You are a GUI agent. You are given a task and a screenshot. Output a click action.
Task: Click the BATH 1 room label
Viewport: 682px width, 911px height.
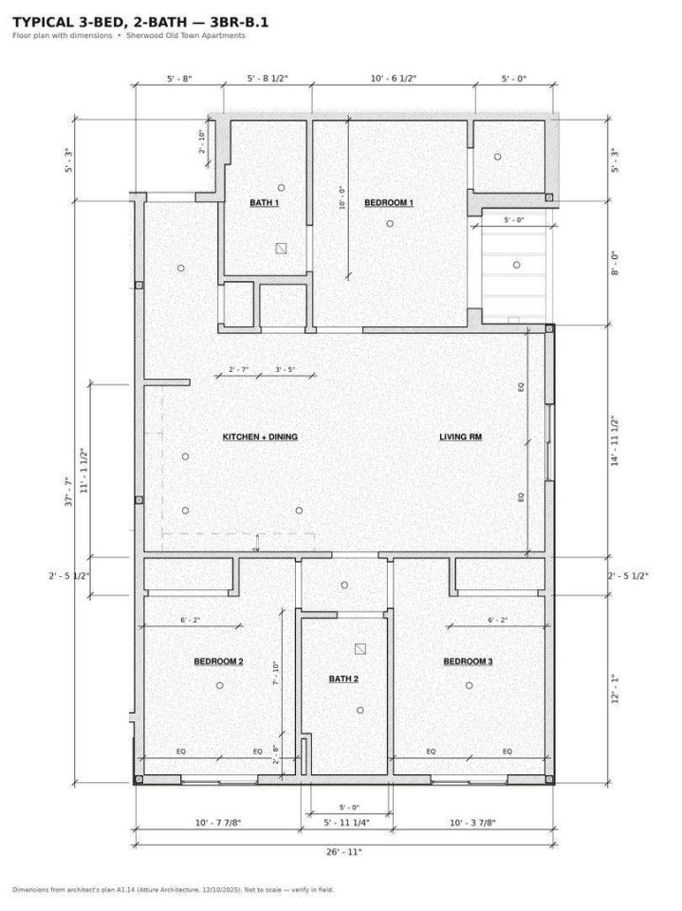[x=265, y=203]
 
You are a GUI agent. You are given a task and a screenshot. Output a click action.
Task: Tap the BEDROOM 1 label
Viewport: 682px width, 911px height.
[x=389, y=203]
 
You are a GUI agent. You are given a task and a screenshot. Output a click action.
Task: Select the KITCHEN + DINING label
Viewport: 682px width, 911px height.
[x=260, y=437]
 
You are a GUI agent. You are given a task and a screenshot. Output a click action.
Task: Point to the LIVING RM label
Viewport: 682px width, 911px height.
[x=461, y=437]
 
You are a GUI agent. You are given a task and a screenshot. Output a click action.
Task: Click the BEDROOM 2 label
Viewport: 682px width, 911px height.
[x=218, y=661]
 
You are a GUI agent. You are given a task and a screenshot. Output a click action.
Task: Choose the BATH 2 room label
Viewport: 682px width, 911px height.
[x=343, y=679]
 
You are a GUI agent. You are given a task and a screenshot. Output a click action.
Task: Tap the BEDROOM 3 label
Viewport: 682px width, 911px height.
[x=469, y=661]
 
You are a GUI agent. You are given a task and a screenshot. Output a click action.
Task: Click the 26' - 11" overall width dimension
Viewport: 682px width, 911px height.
[x=344, y=852]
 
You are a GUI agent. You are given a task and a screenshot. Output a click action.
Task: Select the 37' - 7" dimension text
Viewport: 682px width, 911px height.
[x=68, y=492]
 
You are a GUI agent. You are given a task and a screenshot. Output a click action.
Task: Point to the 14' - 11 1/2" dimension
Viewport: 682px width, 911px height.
[x=615, y=440]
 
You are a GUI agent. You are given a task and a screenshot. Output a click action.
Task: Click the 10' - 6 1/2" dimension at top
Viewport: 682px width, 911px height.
[x=394, y=79]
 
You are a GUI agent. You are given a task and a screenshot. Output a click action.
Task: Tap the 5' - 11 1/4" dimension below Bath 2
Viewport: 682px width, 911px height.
[x=347, y=823]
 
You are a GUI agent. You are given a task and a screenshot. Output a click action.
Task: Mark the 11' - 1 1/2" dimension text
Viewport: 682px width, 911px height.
[x=84, y=470]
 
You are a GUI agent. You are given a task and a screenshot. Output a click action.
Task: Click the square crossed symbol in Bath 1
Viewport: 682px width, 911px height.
[x=281, y=249]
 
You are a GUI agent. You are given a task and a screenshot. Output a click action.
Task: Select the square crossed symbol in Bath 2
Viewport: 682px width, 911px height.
[x=360, y=649]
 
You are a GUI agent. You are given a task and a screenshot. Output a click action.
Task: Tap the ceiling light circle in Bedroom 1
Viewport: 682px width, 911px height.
[x=390, y=224]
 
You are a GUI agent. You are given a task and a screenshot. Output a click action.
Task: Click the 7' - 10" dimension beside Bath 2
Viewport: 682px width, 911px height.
[x=276, y=673]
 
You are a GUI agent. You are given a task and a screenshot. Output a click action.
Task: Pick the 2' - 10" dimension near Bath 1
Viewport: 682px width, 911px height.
[x=202, y=141]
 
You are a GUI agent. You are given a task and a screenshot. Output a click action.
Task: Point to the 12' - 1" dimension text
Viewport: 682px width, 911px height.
[x=615, y=689]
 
